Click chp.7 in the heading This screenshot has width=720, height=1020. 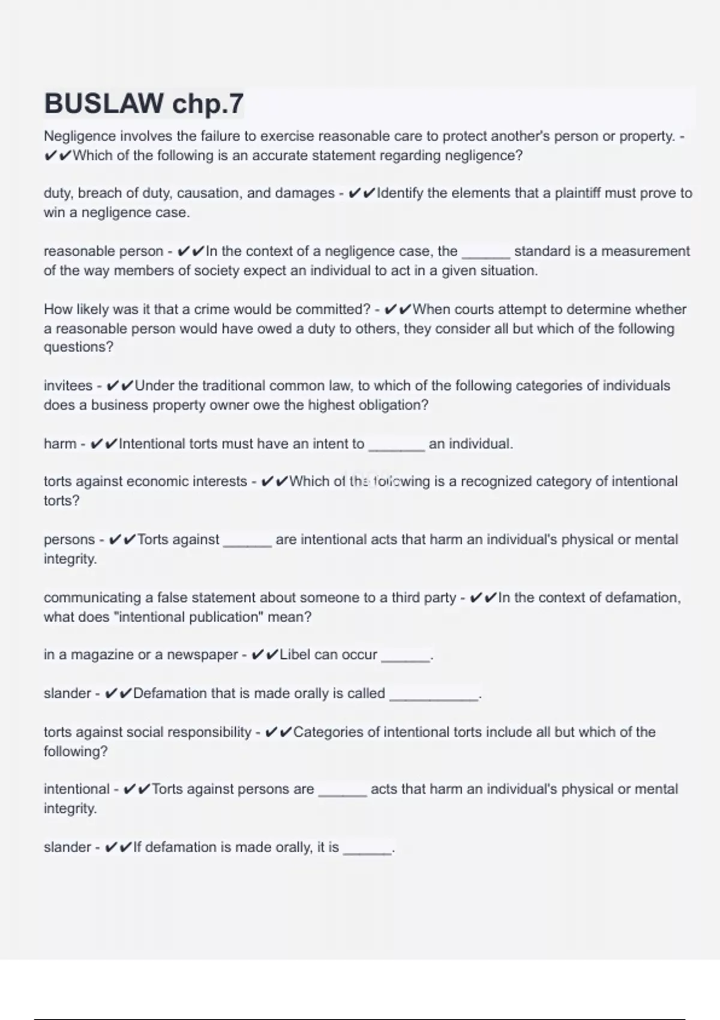(x=208, y=104)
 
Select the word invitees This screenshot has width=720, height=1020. (x=68, y=386)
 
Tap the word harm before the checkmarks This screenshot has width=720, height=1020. (x=60, y=444)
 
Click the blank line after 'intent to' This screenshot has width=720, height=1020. (x=397, y=448)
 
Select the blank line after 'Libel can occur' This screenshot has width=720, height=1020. (x=406, y=658)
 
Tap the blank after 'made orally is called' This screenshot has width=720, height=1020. (x=434, y=697)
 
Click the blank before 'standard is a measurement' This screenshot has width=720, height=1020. (x=485, y=255)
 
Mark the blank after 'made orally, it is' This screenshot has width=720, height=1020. (x=367, y=851)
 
